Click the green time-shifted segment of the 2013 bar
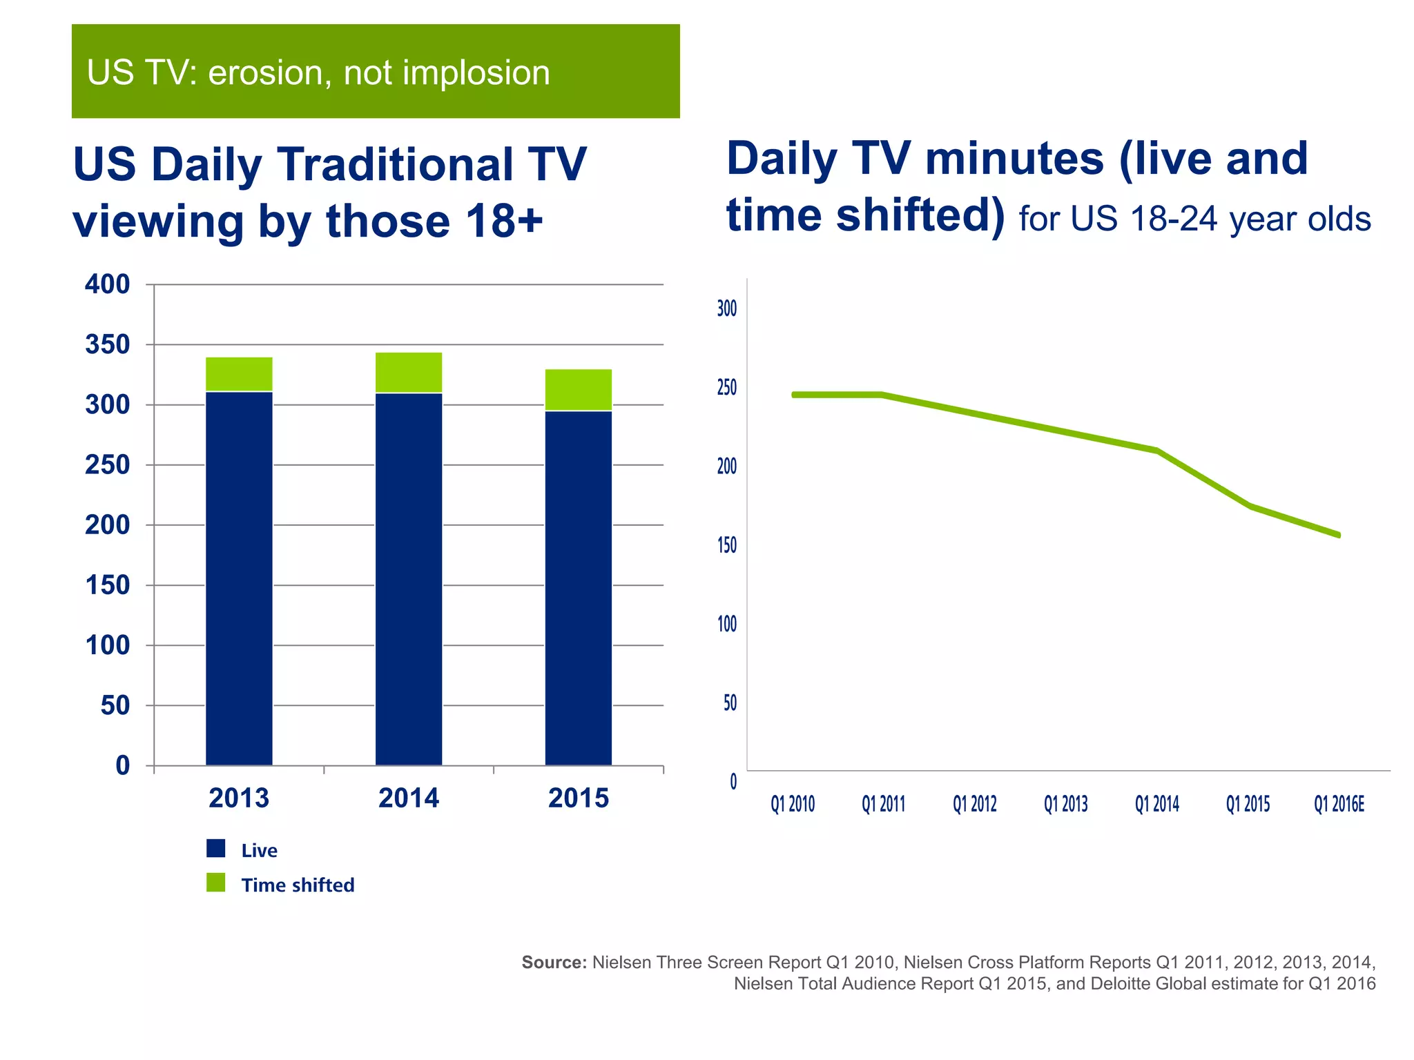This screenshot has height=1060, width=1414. point(239,374)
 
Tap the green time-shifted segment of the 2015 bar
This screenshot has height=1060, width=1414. point(579,390)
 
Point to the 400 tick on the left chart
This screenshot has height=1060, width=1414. point(108,284)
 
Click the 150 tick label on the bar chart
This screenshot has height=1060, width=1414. point(108,585)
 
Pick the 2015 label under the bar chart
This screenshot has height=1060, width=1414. point(579,798)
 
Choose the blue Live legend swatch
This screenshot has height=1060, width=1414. point(216,848)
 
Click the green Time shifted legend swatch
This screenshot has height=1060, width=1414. point(216,883)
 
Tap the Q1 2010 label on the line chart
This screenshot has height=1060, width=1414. point(793,804)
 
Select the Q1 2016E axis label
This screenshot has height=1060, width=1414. point(1339,804)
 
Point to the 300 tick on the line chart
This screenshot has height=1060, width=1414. point(727,308)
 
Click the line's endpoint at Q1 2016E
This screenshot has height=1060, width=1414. point(1339,535)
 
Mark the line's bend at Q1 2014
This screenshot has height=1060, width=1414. point(1157,451)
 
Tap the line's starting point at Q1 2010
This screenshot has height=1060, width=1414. point(794,395)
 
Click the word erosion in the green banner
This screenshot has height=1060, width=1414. point(265,73)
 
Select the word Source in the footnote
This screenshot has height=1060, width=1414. point(553,962)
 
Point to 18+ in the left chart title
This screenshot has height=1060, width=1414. point(504,221)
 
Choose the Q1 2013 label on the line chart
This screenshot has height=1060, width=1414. point(1066,804)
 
